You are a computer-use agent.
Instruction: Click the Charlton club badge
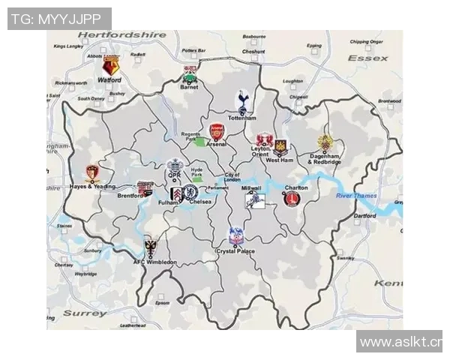(x=290, y=199)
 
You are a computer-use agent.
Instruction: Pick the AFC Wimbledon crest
(x=151, y=247)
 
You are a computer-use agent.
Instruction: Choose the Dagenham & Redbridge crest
(x=325, y=144)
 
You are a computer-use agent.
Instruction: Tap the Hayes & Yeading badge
(x=91, y=174)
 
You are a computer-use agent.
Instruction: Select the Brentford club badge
(x=145, y=188)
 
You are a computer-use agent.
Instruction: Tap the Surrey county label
(x=85, y=313)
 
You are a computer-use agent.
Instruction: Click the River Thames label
(x=355, y=196)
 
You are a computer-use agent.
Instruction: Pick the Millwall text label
(x=251, y=188)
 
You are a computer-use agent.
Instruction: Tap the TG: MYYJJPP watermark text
(x=58, y=19)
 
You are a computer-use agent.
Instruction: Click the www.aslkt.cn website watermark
(x=400, y=342)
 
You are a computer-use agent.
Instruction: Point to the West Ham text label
(x=280, y=160)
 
